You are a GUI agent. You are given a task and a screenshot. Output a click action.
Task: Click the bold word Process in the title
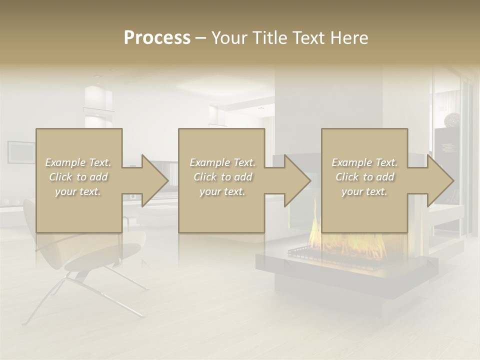click(x=157, y=37)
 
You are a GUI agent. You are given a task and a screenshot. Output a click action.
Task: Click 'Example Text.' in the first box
click(x=78, y=162)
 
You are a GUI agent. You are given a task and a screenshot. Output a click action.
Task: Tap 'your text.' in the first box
click(x=78, y=191)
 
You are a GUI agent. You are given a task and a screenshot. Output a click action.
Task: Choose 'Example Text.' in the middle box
click(x=222, y=162)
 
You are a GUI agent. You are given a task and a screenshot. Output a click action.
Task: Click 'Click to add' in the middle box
click(x=222, y=177)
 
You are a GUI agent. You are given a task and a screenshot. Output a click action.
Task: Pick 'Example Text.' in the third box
click(x=364, y=162)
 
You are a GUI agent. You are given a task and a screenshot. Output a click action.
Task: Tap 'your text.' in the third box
click(x=364, y=191)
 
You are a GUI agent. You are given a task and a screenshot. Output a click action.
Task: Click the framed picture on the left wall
click(x=21, y=152)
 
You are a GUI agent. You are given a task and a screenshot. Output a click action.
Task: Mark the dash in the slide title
click(x=201, y=38)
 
